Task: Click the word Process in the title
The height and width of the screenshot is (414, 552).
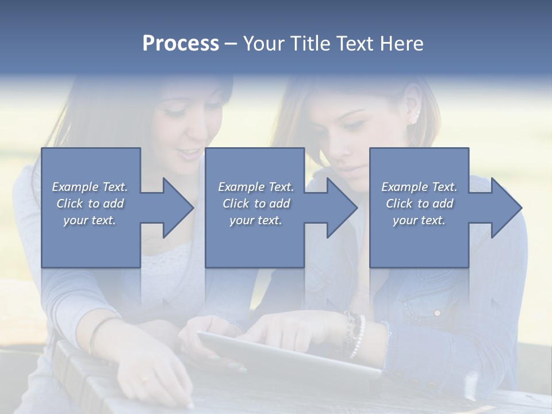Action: click(x=181, y=44)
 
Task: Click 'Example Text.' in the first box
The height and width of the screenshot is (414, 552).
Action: click(x=90, y=187)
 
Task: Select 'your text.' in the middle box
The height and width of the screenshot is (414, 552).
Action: click(x=255, y=220)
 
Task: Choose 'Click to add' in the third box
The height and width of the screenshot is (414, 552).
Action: click(x=419, y=204)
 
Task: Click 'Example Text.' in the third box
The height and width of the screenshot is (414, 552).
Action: click(x=419, y=187)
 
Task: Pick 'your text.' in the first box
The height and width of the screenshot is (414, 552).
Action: click(x=90, y=220)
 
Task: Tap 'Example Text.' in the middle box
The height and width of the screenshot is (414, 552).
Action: click(x=255, y=187)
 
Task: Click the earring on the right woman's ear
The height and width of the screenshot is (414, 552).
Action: click(x=414, y=119)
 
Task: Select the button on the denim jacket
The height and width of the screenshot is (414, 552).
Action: click(x=437, y=313)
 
